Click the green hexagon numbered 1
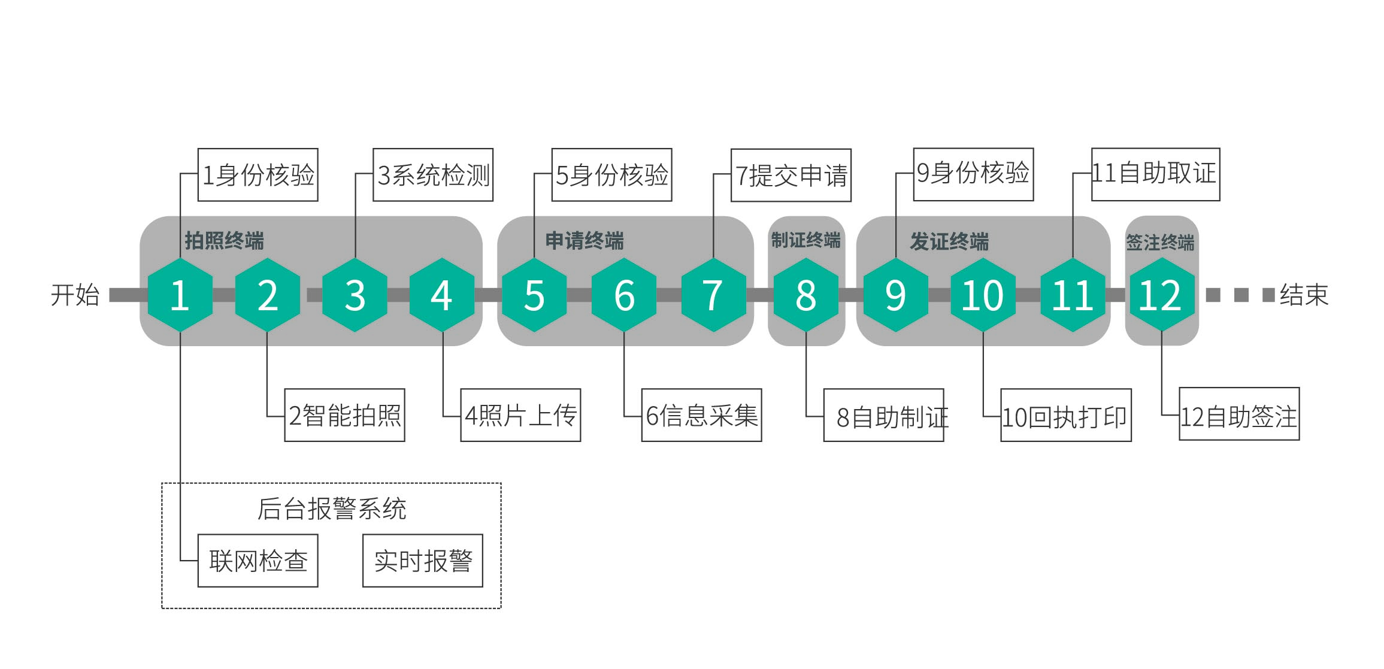(180, 295)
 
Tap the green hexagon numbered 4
(442, 295)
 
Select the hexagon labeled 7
(713, 295)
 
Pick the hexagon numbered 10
(983, 295)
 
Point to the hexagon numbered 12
(1161, 295)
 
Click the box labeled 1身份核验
(258, 175)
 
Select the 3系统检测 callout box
(433, 175)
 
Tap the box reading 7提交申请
(791, 175)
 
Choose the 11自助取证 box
(1155, 174)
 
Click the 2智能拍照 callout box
(344, 415)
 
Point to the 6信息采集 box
(701, 415)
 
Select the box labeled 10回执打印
(1065, 416)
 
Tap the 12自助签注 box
(1238, 414)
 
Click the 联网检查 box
(258, 561)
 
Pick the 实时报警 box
(423, 561)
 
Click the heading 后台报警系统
(332, 509)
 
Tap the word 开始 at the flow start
(75, 295)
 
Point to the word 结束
(1304, 295)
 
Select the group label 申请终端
(585, 241)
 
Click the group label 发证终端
(949, 241)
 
